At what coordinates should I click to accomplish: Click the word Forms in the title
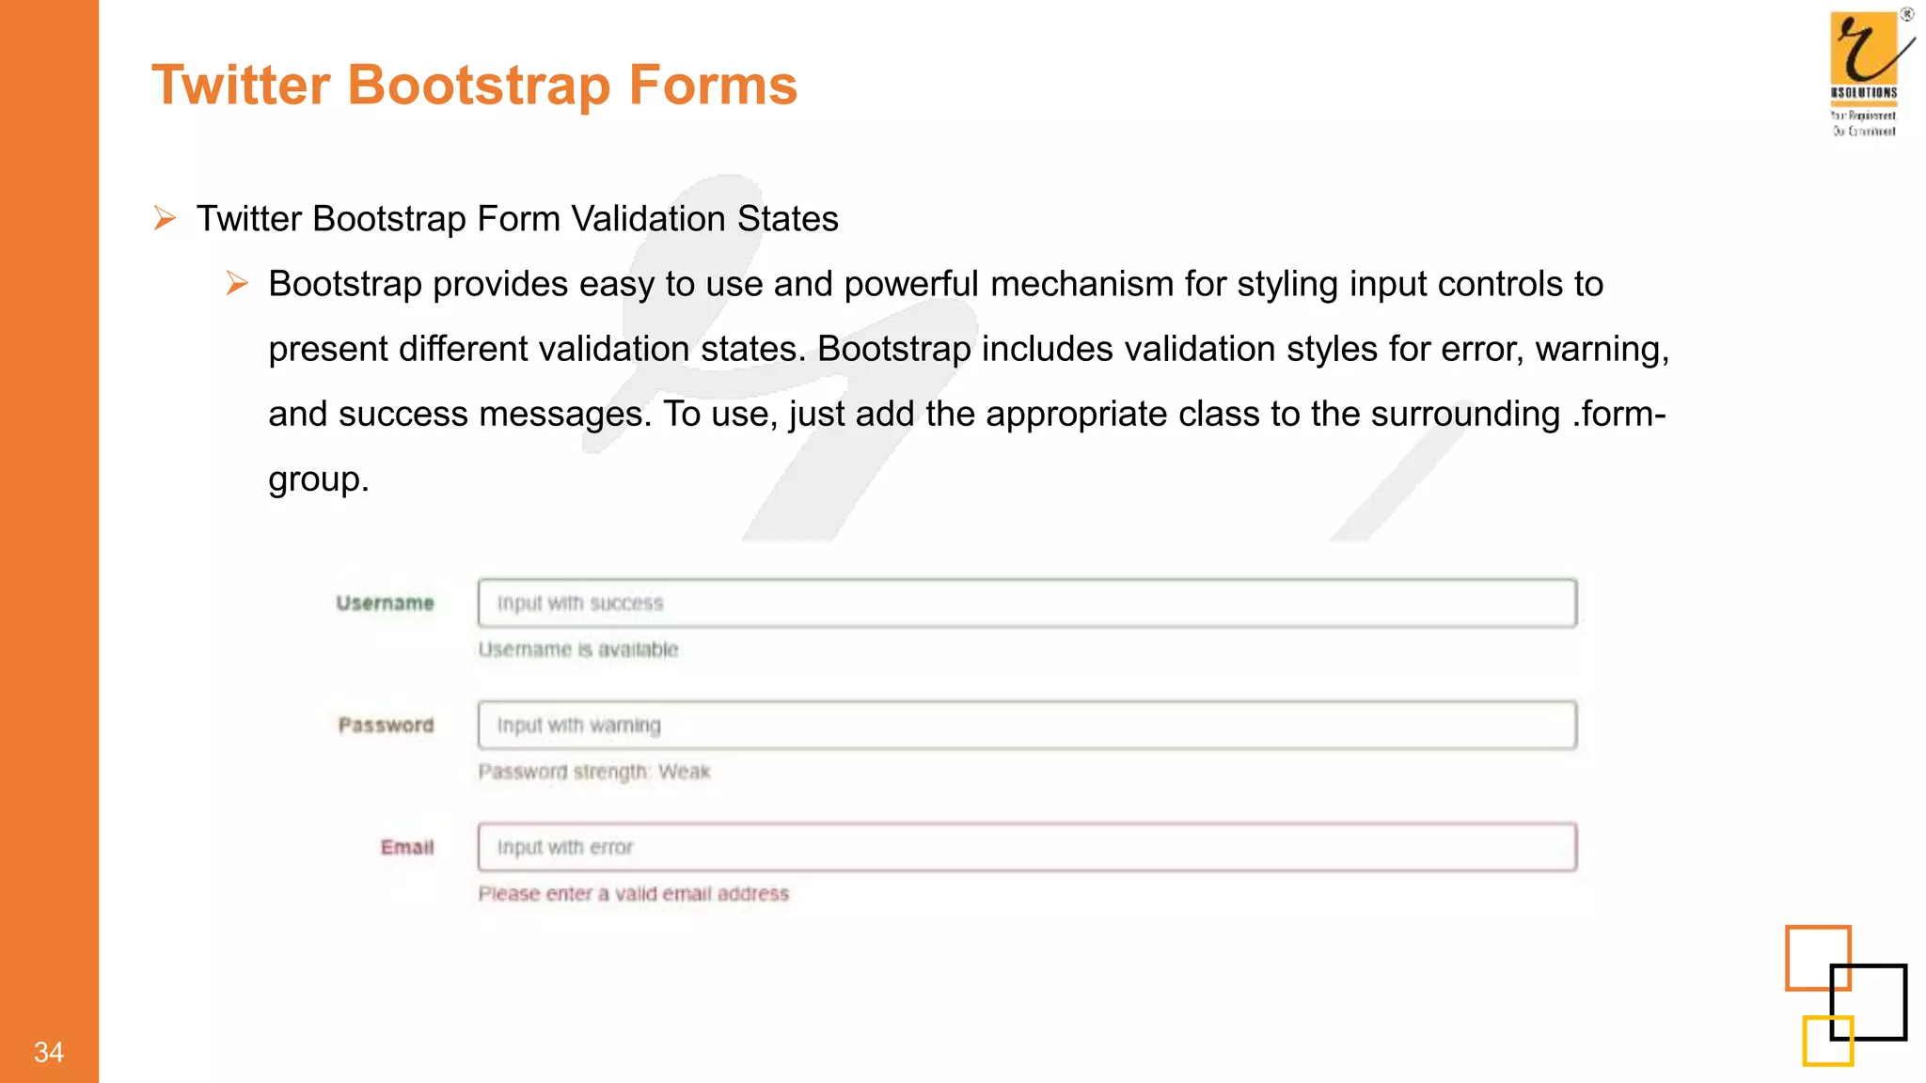click(x=713, y=86)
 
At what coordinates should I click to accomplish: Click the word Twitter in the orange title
click(x=241, y=86)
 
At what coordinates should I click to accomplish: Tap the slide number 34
click(x=49, y=1052)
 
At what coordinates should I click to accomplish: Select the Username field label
click(x=385, y=604)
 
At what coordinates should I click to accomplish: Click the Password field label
click(x=386, y=726)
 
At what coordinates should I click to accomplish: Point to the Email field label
click(x=407, y=848)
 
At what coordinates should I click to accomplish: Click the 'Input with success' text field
click(x=1026, y=604)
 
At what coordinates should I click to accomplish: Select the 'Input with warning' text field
click(x=1026, y=726)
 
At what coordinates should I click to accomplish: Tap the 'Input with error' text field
click(x=1026, y=848)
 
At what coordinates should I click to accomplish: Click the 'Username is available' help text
click(x=577, y=650)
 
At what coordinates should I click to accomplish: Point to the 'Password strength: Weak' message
click(x=593, y=772)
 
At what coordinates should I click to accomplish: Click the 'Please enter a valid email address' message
click(x=633, y=894)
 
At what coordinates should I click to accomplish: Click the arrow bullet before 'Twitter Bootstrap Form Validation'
click(x=166, y=219)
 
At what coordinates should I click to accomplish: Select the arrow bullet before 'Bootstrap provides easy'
click(x=237, y=283)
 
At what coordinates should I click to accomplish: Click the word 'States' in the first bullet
click(x=787, y=219)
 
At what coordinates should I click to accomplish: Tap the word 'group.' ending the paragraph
click(x=318, y=479)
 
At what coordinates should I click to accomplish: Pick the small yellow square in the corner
click(x=1827, y=1041)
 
